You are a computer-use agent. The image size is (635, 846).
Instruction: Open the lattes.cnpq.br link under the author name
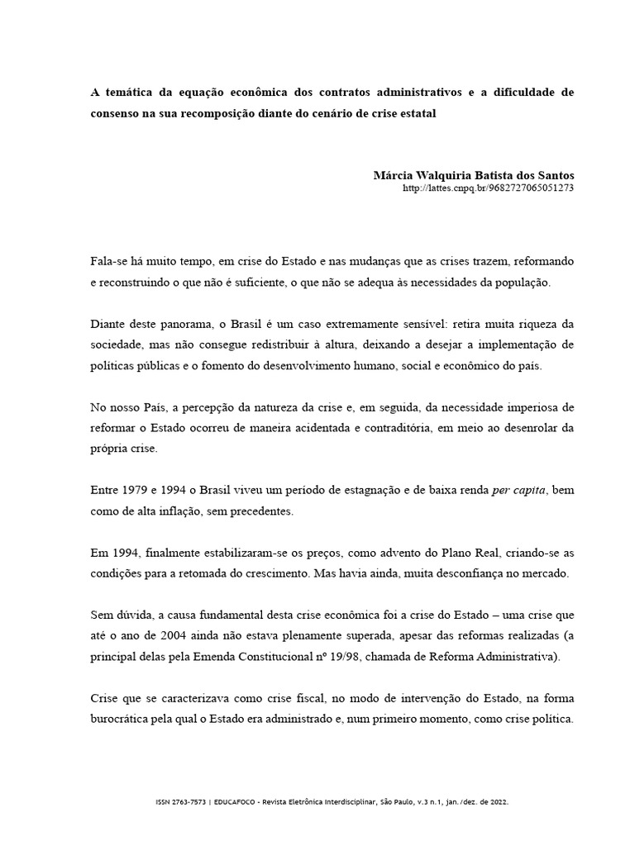tap(487, 188)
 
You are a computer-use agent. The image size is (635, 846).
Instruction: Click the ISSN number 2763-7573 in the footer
tap(189, 803)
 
